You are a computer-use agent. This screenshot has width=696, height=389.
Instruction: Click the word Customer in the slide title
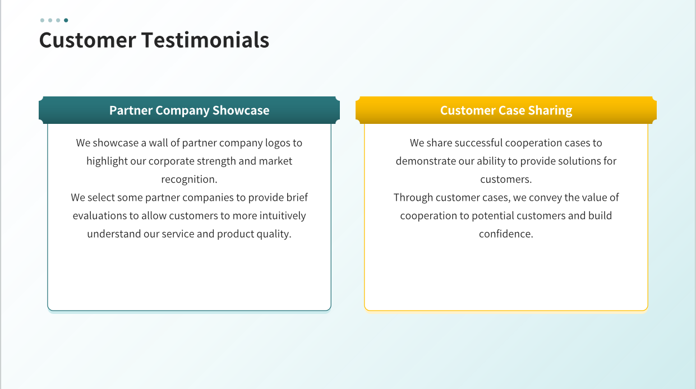click(87, 40)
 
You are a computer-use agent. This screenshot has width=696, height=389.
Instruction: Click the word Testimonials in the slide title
click(205, 40)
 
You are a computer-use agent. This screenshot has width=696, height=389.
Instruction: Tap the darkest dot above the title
click(66, 20)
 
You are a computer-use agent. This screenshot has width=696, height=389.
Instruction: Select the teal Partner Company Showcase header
click(189, 110)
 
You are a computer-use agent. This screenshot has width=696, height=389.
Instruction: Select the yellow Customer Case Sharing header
click(506, 110)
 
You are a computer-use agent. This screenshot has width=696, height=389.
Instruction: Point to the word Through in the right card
click(413, 198)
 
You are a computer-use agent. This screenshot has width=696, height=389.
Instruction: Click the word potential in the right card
click(493, 216)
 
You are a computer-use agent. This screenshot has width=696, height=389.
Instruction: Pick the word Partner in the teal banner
click(131, 110)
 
